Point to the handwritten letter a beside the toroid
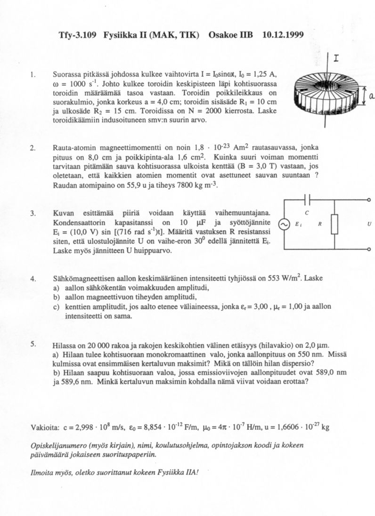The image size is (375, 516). tap(371, 97)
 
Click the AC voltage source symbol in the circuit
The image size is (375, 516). tap(285, 225)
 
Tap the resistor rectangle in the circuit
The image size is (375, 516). tap(334, 224)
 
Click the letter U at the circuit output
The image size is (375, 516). tap(369, 225)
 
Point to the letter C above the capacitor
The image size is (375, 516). tap(307, 213)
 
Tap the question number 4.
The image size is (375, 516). tap(33, 279)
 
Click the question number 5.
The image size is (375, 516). tap(33, 344)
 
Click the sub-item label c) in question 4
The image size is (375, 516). tap(56, 306)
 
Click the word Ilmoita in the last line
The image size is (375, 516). tap(42, 472)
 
